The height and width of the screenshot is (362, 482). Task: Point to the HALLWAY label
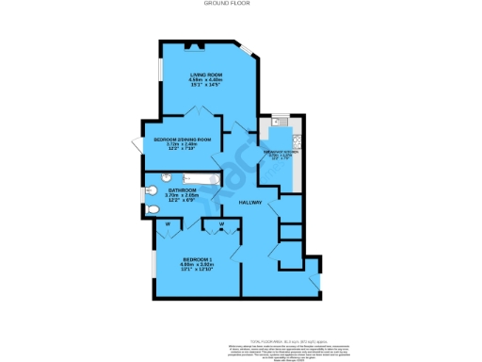click(249, 203)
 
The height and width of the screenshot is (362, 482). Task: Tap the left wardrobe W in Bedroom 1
click(167, 224)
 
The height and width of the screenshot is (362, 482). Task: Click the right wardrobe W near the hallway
click(222, 224)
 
